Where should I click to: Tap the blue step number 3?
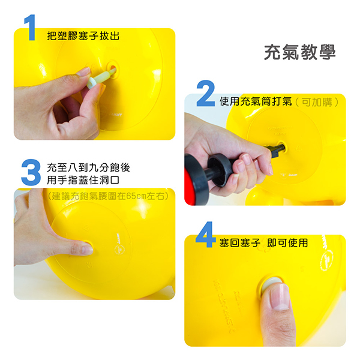click(30, 172)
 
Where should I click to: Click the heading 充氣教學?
click(299, 52)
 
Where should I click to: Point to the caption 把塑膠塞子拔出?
click(83, 36)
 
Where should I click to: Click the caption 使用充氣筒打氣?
click(256, 101)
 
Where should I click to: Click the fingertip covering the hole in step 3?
click(83, 247)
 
